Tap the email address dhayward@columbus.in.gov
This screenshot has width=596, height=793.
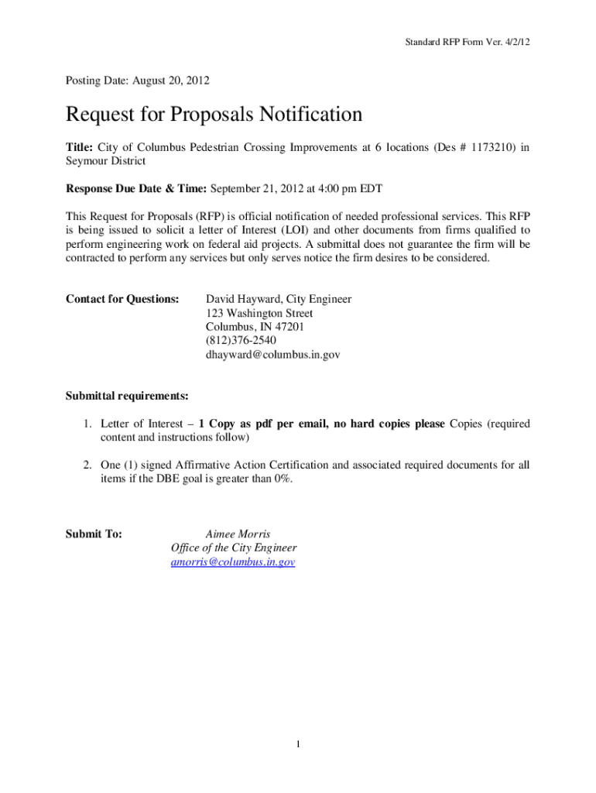tap(272, 355)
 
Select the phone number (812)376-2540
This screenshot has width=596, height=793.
tap(241, 341)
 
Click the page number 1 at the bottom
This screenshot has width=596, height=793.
tap(298, 745)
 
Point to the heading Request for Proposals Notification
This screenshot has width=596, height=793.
tap(214, 115)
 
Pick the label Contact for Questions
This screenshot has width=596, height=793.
tap(122, 299)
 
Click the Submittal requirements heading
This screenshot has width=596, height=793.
tap(127, 396)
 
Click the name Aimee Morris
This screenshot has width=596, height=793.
tap(238, 534)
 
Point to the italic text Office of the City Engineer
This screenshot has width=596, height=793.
tap(233, 548)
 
